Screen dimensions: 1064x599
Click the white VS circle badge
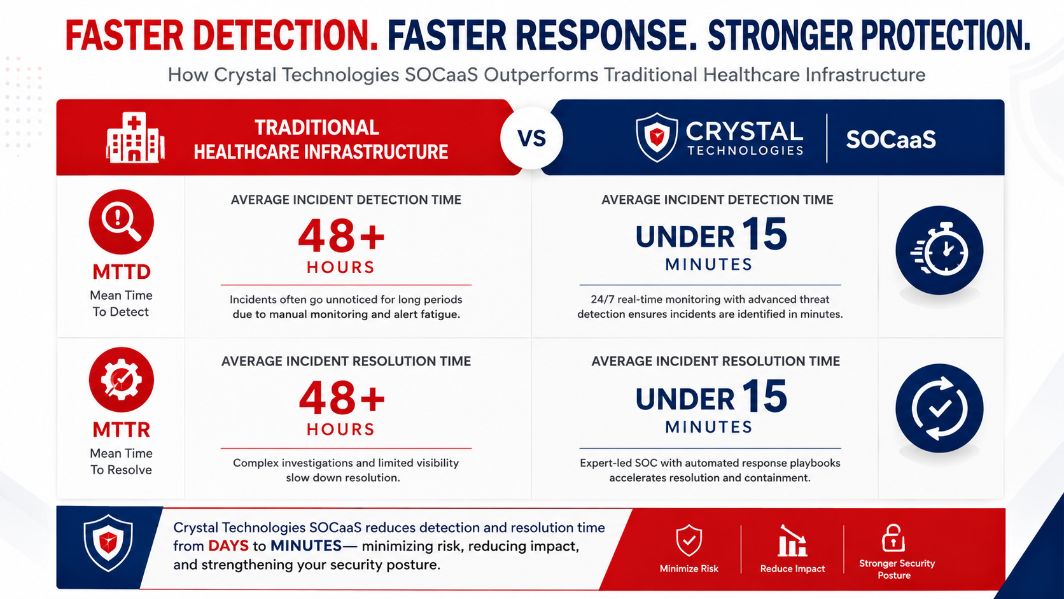pos(531,137)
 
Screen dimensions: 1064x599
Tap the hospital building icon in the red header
pos(136,137)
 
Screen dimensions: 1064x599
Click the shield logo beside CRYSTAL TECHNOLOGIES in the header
pos(657,137)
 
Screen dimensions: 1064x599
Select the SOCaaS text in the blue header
pos(891,139)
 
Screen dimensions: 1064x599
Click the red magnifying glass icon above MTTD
pos(121,222)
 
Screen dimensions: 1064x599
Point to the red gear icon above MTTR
pos(121,379)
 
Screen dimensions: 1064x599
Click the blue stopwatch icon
pos(939,250)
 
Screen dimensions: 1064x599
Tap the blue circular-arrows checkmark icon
pos(939,408)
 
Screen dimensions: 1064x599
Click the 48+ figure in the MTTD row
pos(341,236)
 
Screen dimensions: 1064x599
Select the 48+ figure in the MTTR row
pos(342,398)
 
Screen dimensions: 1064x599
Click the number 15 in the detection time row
pos(764,233)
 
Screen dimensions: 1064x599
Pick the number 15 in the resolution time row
pos(764,395)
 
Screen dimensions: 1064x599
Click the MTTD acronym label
pos(122,272)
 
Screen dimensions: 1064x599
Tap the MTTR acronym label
pos(122,430)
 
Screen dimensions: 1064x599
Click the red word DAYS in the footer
pos(228,546)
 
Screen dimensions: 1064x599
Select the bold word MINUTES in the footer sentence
pos(306,546)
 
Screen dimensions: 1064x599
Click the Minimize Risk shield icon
pos(689,540)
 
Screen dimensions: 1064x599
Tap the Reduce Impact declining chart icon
pos(792,540)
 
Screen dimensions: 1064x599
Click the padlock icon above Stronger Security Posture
pos(893,538)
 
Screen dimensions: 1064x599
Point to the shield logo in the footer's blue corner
pos(108,542)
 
